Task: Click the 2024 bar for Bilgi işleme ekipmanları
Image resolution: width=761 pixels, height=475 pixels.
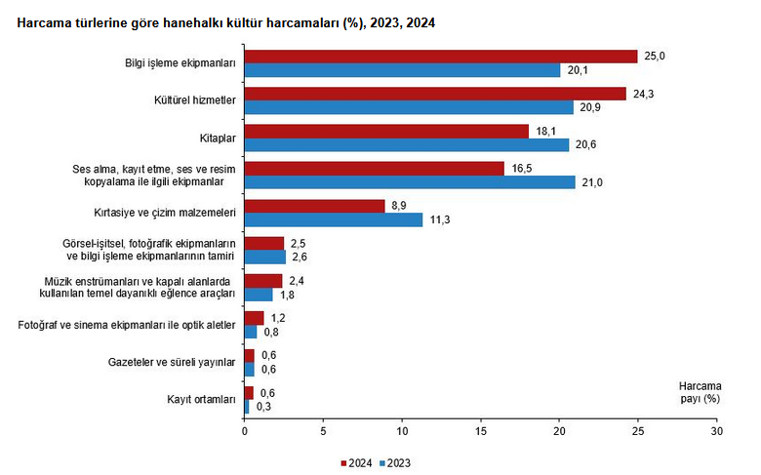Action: [x=440, y=57]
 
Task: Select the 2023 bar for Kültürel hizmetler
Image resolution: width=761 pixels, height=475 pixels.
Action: [x=409, y=107]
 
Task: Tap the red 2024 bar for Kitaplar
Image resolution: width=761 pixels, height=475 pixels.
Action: [x=386, y=131]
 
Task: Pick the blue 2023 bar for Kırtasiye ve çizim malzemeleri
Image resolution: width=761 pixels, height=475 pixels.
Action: [x=333, y=219]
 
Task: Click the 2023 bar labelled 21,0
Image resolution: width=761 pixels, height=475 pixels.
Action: [x=410, y=182]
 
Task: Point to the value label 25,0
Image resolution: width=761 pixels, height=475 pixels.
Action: [x=655, y=57]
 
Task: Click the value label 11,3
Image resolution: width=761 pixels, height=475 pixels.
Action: [x=439, y=220]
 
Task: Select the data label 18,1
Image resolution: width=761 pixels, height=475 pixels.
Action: [x=545, y=131]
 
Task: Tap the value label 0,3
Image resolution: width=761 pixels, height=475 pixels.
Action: [x=262, y=407]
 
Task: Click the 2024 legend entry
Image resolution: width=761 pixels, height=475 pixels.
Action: [x=356, y=462]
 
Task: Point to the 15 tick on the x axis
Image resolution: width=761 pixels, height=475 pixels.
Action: [x=480, y=430]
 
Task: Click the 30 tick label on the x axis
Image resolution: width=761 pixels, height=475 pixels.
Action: [x=716, y=430]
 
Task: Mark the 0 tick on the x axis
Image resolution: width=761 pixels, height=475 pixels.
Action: [x=244, y=430]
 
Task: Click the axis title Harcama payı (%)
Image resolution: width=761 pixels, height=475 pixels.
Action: [x=699, y=391]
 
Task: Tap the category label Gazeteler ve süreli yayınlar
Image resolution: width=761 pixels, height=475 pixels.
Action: [x=173, y=362]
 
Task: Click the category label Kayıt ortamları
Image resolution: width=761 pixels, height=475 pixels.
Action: [x=201, y=399]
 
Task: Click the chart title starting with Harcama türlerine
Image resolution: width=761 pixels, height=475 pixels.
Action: [x=220, y=21]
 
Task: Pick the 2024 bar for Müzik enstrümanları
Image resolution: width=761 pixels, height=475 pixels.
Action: [x=262, y=280]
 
